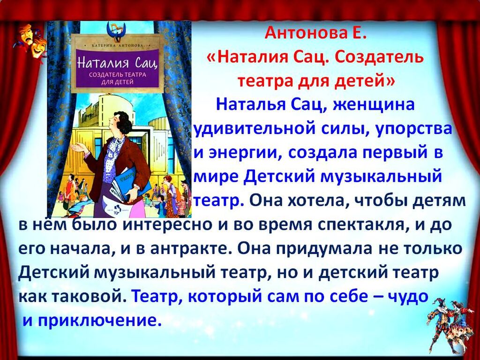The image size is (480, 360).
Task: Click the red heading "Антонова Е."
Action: [x=315, y=33]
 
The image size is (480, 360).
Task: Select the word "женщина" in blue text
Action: [x=374, y=105]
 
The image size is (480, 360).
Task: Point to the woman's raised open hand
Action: [x=79, y=148]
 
